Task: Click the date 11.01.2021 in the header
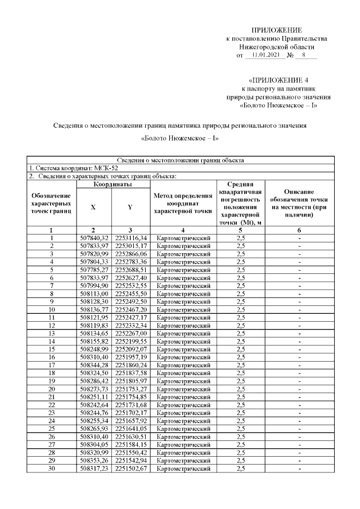pos(263,55)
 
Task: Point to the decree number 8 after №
pos(303,55)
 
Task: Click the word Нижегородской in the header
pos(259,47)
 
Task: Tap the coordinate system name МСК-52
pos(105,168)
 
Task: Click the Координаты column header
pos(112,184)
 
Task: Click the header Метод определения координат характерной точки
pos(183,203)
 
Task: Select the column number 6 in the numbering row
pos(299,230)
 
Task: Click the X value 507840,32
pos(93,238)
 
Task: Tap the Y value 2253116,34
pos(130,238)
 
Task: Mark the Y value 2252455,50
pos(130,293)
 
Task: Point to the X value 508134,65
pos(93,332)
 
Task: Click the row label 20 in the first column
pos(51,388)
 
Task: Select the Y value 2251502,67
pos(130,468)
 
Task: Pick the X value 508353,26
pos(93,460)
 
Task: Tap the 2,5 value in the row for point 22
pos(241,404)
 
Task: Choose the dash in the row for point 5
pos(299,269)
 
